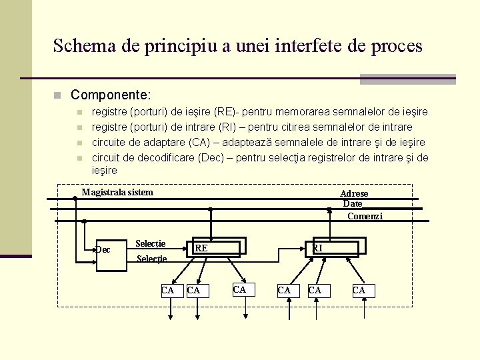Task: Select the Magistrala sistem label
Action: (x=117, y=193)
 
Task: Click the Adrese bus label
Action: (x=354, y=193)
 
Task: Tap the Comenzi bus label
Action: (x=365, y=216)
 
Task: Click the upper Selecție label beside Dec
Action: (x=151, y=243)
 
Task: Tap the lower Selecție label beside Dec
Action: (x=151, y=259)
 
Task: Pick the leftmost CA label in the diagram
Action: (x=168, y=290)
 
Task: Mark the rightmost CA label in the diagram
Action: (x=359, y=290)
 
